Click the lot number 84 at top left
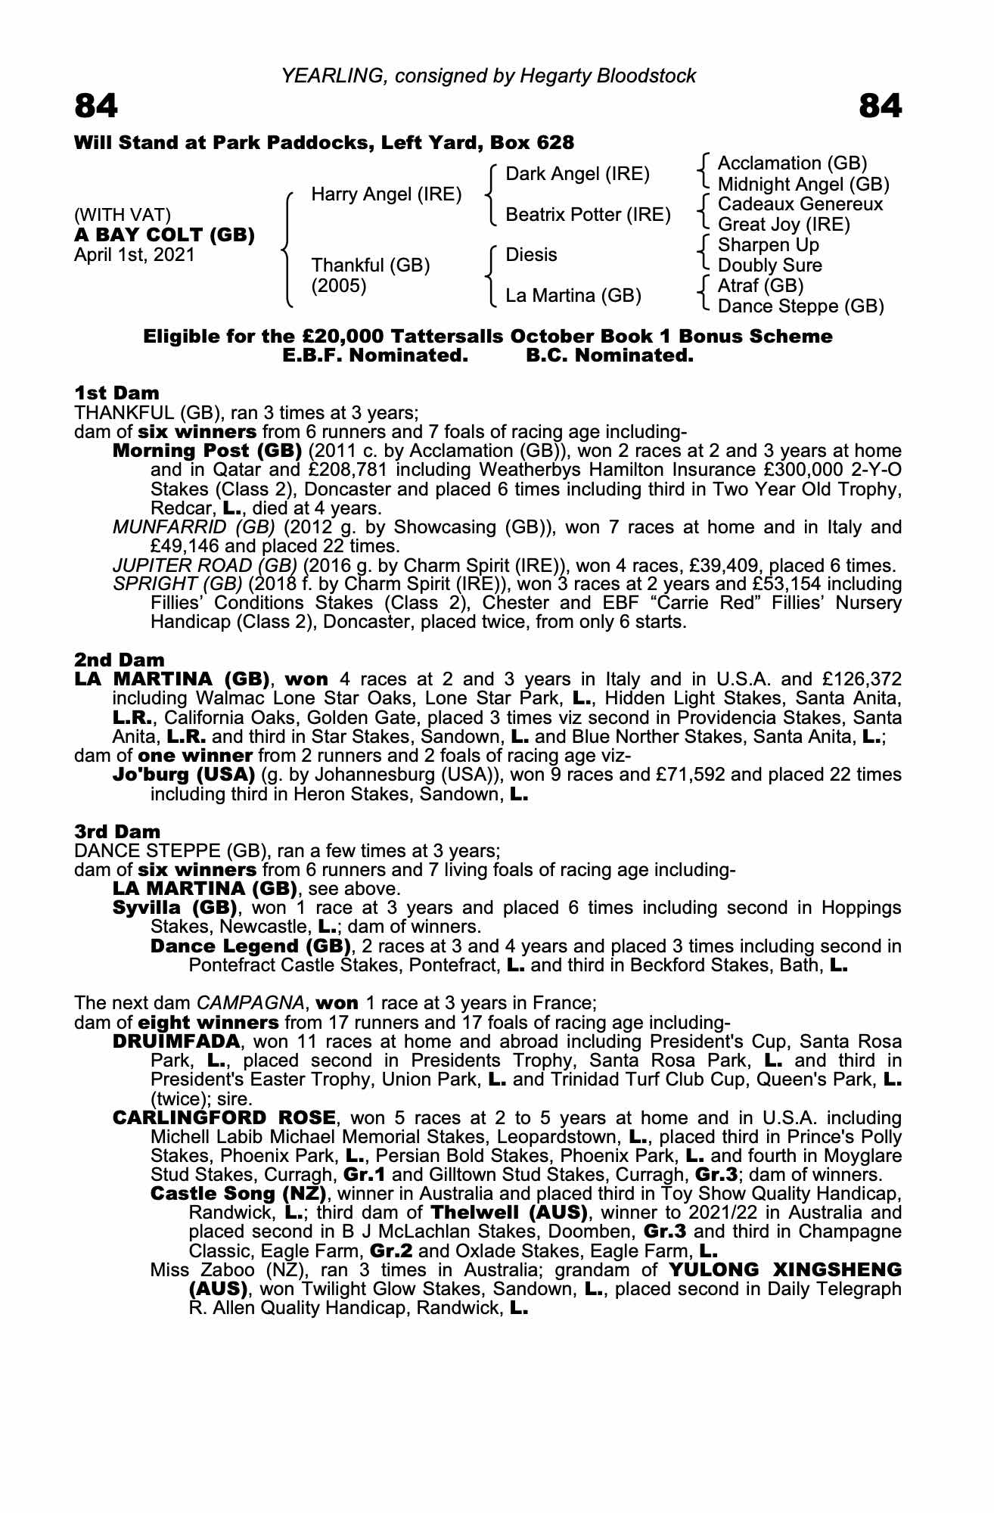pos(96,107)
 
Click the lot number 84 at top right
pos(881,107)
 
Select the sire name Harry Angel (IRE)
pos(386,194)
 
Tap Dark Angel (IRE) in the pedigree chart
pos(577,174)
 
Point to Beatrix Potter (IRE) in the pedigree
pos(588,215)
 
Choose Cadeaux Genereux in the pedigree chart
pos(800,204)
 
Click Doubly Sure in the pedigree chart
pos(769,266)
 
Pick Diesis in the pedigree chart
pos(531,255)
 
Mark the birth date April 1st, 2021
pos(134,255)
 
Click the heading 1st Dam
pos(116,393)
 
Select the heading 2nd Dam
pos(119,660)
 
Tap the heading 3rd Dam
pos(117,832)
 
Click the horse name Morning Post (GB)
pos(207,451)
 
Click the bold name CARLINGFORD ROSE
pos(223,1117)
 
